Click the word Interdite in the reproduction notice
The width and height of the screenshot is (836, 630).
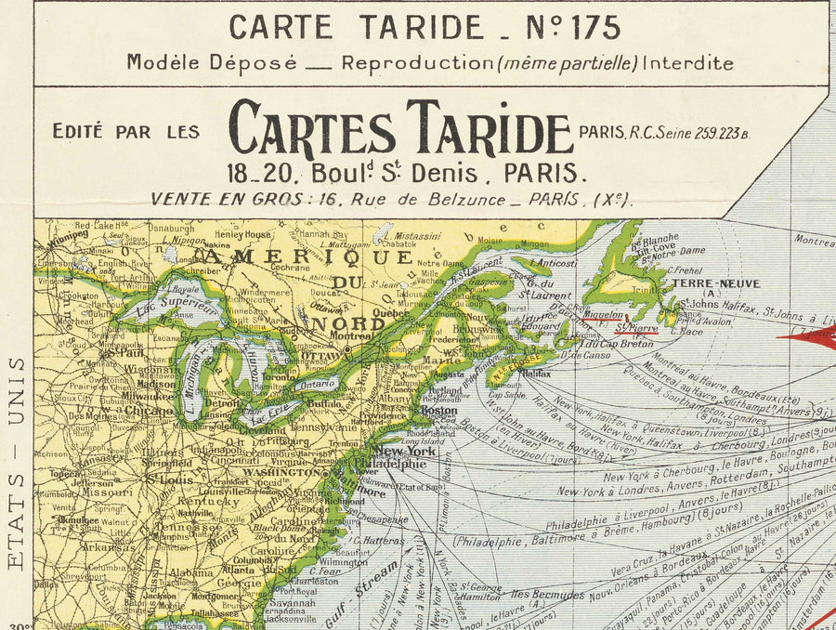[688, 63]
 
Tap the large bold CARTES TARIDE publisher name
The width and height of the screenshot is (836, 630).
[400, 129]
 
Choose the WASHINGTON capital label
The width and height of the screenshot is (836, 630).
[279, 472]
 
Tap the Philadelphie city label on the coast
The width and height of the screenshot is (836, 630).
[402, 464]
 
